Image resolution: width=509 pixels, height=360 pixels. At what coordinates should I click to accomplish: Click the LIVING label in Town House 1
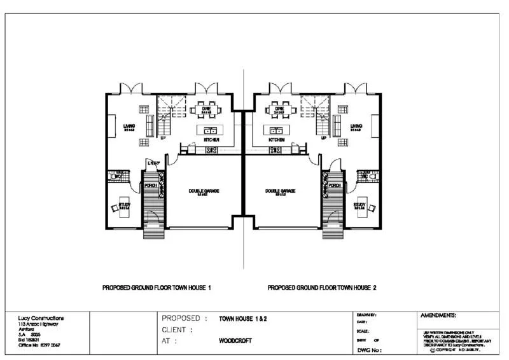[x=129, y=126]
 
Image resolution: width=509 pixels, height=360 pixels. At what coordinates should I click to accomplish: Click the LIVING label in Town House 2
[x=356, y=126]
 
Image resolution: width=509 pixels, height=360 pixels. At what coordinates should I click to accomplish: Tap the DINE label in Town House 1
[x=207, y=109]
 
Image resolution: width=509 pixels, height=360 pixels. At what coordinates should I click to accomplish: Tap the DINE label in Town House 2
[x=279, y=109]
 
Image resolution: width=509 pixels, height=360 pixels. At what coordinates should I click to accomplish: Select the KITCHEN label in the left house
[x=211, y=139]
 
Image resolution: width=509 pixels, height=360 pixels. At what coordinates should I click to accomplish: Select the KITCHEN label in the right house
[x=276, y=139]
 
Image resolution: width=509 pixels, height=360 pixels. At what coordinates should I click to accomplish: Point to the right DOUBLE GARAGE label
[x=281, y=191]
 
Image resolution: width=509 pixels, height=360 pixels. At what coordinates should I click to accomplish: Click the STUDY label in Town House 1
[x=125, y=205]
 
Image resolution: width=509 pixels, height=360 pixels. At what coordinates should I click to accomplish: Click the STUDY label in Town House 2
[x=359, y=205]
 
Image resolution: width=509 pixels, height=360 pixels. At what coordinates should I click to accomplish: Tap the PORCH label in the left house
[x=151, y=186]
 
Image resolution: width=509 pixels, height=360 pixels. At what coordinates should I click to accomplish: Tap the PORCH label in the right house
[x=335, y=186]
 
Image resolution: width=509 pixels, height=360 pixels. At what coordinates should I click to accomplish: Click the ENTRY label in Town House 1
[x=153, y=163]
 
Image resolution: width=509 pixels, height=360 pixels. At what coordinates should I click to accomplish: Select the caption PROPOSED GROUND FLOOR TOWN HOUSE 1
[x=157, y=287]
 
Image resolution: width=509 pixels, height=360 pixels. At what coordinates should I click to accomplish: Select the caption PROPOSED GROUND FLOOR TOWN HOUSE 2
[x=322, y=287]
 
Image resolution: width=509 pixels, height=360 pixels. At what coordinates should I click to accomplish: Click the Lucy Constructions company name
[x=41, y=318]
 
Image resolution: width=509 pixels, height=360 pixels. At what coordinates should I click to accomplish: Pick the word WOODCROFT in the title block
[x=235, y=341]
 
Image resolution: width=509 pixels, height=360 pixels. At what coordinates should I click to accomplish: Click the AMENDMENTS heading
[x=438, y=315]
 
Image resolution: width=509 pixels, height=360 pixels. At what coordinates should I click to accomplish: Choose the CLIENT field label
[x=177, y=330]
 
